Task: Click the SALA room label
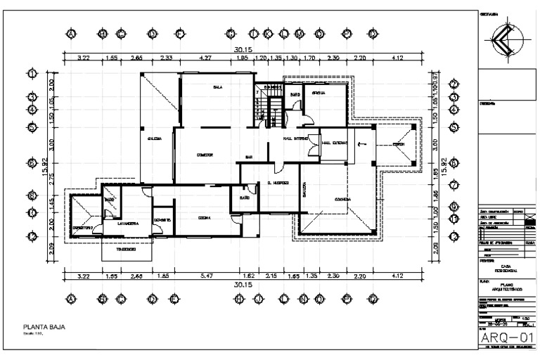(218, 87)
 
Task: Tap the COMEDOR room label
(205, 154)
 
